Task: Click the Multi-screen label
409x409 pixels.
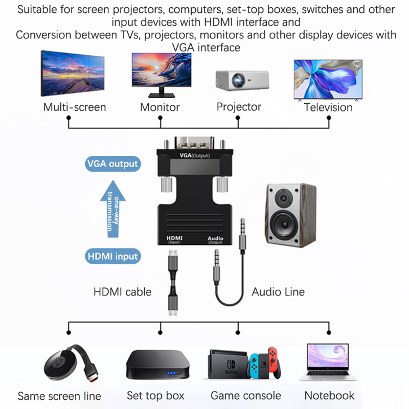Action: (x=75, y=107)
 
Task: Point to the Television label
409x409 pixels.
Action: (x=328, y=107)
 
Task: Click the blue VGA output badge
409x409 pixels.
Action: (x=112, y=164)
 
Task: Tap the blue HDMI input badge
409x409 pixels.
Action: (x=112, y=256)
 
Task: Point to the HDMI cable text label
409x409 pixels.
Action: (x=123, y=292)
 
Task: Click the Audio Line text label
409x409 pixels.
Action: (x=278, y=292)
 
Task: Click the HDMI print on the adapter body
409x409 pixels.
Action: (x=174, y=238)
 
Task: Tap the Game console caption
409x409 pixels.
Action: (x=246, y=396)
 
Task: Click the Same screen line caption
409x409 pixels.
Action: (x=59, y=396)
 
